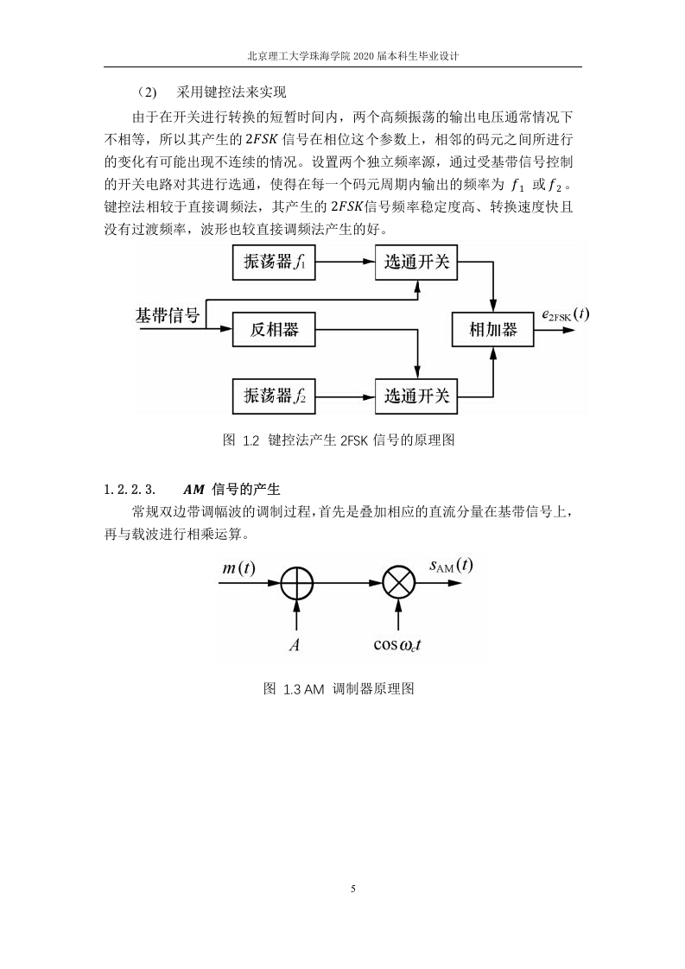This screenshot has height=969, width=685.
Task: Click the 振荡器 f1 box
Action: click(x=274, y=263)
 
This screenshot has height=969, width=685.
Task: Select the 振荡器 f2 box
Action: click(x=274, y=396)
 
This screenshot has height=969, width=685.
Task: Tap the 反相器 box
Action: click(x=274, y=329)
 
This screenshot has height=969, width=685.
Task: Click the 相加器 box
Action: click(x=493, y=329)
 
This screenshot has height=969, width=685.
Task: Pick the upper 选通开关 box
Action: click(x=416, y=263)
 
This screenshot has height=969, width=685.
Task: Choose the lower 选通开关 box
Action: click(x=416, y=396)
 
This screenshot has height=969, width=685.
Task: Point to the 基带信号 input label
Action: click(x=168, y=316)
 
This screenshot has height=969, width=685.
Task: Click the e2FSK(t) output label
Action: click(x=565, y=314)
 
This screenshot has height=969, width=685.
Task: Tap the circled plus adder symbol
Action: click(x=297, y=583)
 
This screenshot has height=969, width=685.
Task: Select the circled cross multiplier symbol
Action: click(x=399, y=583)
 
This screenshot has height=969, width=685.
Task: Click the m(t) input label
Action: click(x=238, y=568)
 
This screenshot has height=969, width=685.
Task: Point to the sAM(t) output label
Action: click(x=451, y=566)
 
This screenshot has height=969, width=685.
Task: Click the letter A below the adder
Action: click(x=295, y=645)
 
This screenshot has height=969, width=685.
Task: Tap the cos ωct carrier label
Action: click(x=397, y=645)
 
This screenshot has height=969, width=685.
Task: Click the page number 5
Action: click(x=353, y=889)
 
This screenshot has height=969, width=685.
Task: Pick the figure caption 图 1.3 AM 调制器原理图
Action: click(x=339, y=688)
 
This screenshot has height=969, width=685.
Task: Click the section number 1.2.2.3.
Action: click(x=130, y=490)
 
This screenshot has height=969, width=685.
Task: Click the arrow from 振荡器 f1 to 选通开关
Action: click(x=346, y=263)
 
